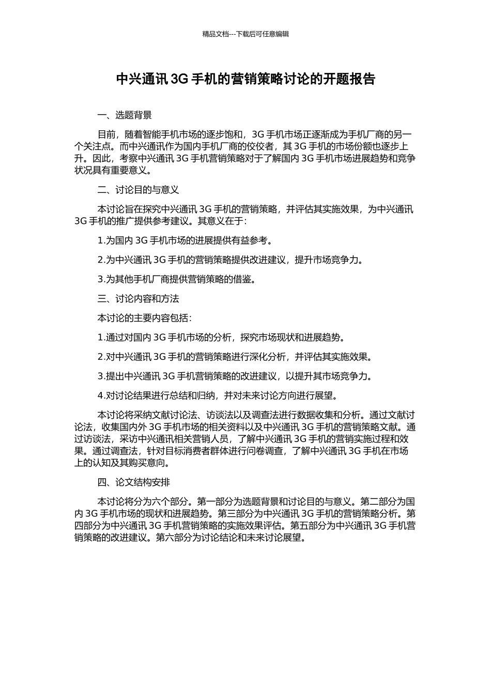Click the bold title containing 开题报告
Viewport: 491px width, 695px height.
[245, 79]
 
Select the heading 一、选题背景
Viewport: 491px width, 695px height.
[125, 115]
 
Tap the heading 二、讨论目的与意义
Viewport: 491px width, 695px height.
[138, 190]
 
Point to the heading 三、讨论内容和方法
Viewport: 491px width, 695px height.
[138, 298]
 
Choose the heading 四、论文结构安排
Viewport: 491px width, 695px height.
[133, 482]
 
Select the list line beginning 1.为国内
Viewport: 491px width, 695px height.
[185, 240]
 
